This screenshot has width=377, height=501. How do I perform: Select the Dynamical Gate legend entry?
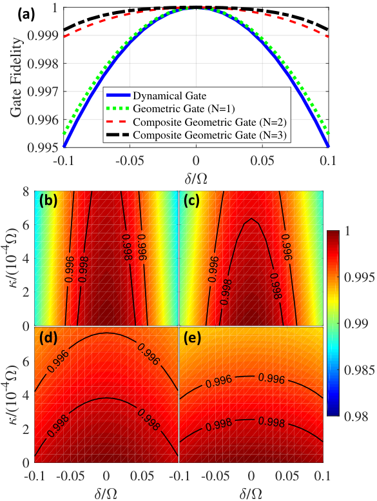(x=157, y=95)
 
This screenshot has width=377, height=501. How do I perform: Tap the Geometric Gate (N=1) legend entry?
(x=171, y=108)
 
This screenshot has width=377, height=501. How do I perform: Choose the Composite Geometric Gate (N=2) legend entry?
(x=197, y=122)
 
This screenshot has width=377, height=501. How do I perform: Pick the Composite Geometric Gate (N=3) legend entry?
(x=197, y=135)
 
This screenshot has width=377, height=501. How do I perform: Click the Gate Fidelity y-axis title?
(x=17, y=77)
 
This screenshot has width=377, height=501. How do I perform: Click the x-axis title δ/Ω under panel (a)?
(x=196, y=179)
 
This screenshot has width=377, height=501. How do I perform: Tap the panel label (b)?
(x=48, y=201)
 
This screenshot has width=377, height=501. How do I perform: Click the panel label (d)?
(x=48, y=339)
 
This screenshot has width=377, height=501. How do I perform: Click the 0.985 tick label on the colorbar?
(x=354, y=370)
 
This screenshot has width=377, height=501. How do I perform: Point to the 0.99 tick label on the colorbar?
(x=352, y=324)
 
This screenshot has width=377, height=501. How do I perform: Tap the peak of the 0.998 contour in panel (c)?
(x=251, y=218)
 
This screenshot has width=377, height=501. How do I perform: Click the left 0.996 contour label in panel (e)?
(x=218, y=382)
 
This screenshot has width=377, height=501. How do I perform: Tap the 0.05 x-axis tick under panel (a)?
(x=262, y=161)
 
